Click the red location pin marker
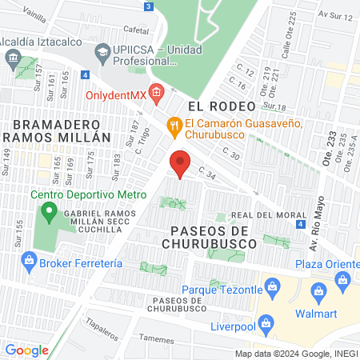coord(180,162)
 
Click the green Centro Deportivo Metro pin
coord(49,213)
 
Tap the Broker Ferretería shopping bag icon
coord(30,262)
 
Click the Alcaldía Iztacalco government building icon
coord(13,58)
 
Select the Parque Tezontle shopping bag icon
coord(272,286)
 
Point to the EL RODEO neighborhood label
coord(221,106)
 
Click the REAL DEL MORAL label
coord(259,215)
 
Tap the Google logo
coord(26,350)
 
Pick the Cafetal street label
coord(137,30)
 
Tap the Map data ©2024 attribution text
coord(295,354)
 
